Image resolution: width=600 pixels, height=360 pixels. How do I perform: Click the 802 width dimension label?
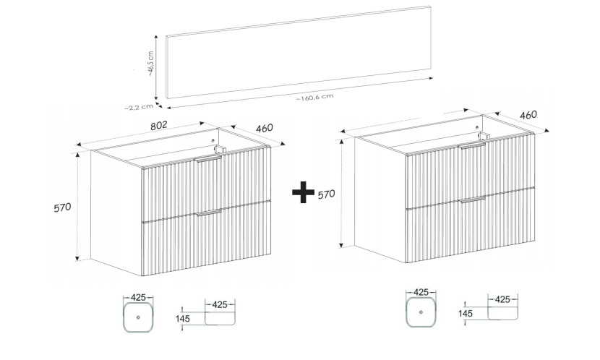coord(159,126)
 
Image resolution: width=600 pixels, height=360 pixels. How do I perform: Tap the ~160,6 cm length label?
coord(314,98)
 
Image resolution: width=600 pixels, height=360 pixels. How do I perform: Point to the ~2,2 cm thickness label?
coord(139,108)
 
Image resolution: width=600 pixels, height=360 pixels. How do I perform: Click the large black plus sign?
coord(303,192)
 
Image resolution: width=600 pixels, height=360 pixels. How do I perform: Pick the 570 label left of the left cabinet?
coord(62,207)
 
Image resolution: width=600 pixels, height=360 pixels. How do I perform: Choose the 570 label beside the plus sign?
coord(327,194)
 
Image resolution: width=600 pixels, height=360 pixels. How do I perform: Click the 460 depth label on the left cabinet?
coord(265,128)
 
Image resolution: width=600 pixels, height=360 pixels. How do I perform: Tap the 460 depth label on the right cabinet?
coord(528,115)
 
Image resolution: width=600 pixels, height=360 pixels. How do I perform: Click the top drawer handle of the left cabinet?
coord(207,159)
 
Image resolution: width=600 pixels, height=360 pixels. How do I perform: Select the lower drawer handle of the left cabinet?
coord(209,213)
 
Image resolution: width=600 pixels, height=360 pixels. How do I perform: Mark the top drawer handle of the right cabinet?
coord(473,145)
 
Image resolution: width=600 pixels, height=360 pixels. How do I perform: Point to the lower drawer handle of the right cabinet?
coord(473,200)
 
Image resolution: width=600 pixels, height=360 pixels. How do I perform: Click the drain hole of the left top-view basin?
coord(138,317)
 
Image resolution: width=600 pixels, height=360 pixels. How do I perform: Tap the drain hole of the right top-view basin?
coord(421,312)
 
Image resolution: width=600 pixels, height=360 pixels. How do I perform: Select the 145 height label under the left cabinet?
coord(182,318)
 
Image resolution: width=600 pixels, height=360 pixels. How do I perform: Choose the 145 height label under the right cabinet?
coord(466,314)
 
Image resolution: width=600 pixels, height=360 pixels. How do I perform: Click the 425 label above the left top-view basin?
coord(138,297)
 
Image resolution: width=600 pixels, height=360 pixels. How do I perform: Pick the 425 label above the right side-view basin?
coord(502,299)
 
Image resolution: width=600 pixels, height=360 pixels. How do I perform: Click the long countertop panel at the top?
coord(299,51)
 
